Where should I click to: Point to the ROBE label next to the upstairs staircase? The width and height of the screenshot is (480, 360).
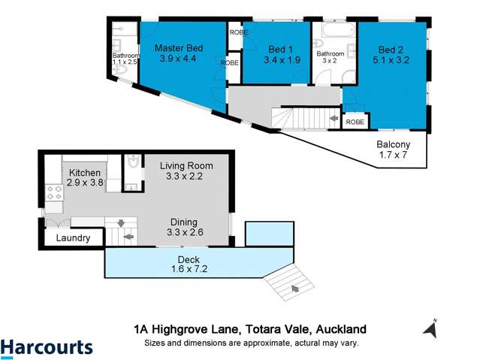click(x=355, y=121)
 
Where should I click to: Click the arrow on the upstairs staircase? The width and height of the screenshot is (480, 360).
click(x=334, y=118)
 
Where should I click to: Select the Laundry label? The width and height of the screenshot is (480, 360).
click(x=73, y=238)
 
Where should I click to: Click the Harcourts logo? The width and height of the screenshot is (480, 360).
click(x=47, y=346)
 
